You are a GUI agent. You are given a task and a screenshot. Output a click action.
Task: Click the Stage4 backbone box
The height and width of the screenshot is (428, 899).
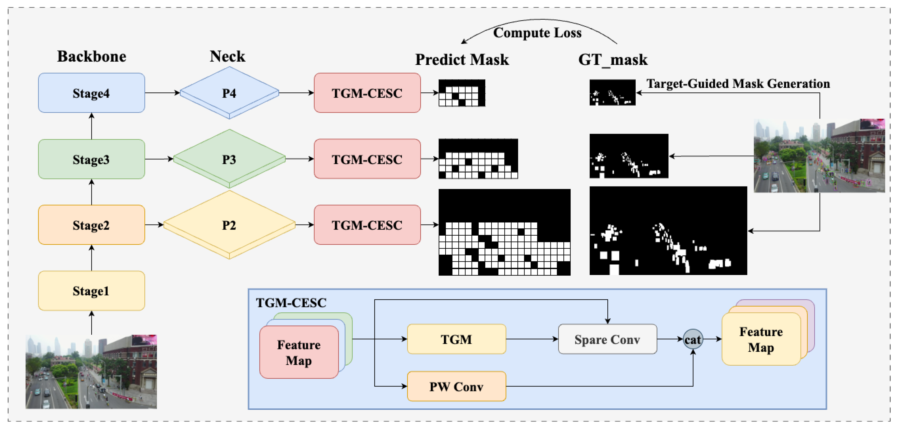91,93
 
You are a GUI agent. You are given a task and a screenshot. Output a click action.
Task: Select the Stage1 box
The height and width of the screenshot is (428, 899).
91,290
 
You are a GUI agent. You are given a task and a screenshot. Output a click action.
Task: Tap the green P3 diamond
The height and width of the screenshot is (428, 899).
229,159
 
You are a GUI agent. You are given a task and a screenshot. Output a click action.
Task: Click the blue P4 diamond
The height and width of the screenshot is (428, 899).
229,93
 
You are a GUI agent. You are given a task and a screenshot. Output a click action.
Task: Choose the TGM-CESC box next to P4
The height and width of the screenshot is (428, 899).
367,93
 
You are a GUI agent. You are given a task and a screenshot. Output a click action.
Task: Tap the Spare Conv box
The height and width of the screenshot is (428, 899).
607,339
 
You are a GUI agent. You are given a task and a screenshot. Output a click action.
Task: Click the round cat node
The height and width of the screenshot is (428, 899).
693,339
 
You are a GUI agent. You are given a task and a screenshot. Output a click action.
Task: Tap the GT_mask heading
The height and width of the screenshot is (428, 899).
613,60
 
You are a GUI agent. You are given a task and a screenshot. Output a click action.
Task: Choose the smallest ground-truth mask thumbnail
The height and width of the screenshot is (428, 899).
612,92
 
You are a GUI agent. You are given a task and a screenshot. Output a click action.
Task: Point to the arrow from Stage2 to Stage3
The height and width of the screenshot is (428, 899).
91,192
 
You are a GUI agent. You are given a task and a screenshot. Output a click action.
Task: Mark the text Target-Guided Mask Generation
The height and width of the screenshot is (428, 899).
738,84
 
